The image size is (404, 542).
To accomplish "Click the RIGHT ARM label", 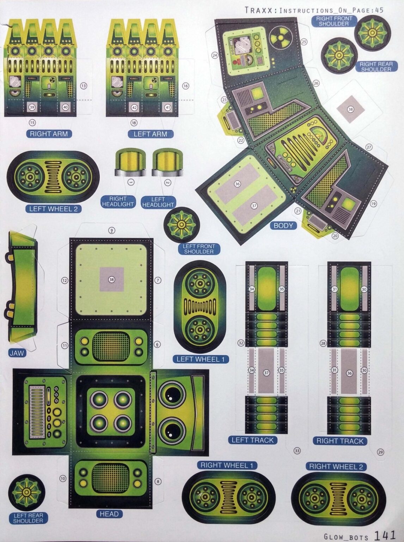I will pos(49,134).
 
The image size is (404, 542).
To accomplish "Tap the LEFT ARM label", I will pos(150,134).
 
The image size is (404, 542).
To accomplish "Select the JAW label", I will pos(17,353).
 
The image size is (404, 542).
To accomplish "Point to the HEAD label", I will pos(109,514).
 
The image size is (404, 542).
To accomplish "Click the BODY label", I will pos(283,225).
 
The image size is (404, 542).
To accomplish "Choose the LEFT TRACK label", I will pos(252,440).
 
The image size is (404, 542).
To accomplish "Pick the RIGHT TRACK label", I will pos(339,441).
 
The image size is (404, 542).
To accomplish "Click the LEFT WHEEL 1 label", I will pos(201,359).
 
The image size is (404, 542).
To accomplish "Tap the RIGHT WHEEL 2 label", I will pos(336,466).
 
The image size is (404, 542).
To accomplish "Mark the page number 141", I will pos(385,535).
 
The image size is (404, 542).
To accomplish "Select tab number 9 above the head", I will pos(111,230).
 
